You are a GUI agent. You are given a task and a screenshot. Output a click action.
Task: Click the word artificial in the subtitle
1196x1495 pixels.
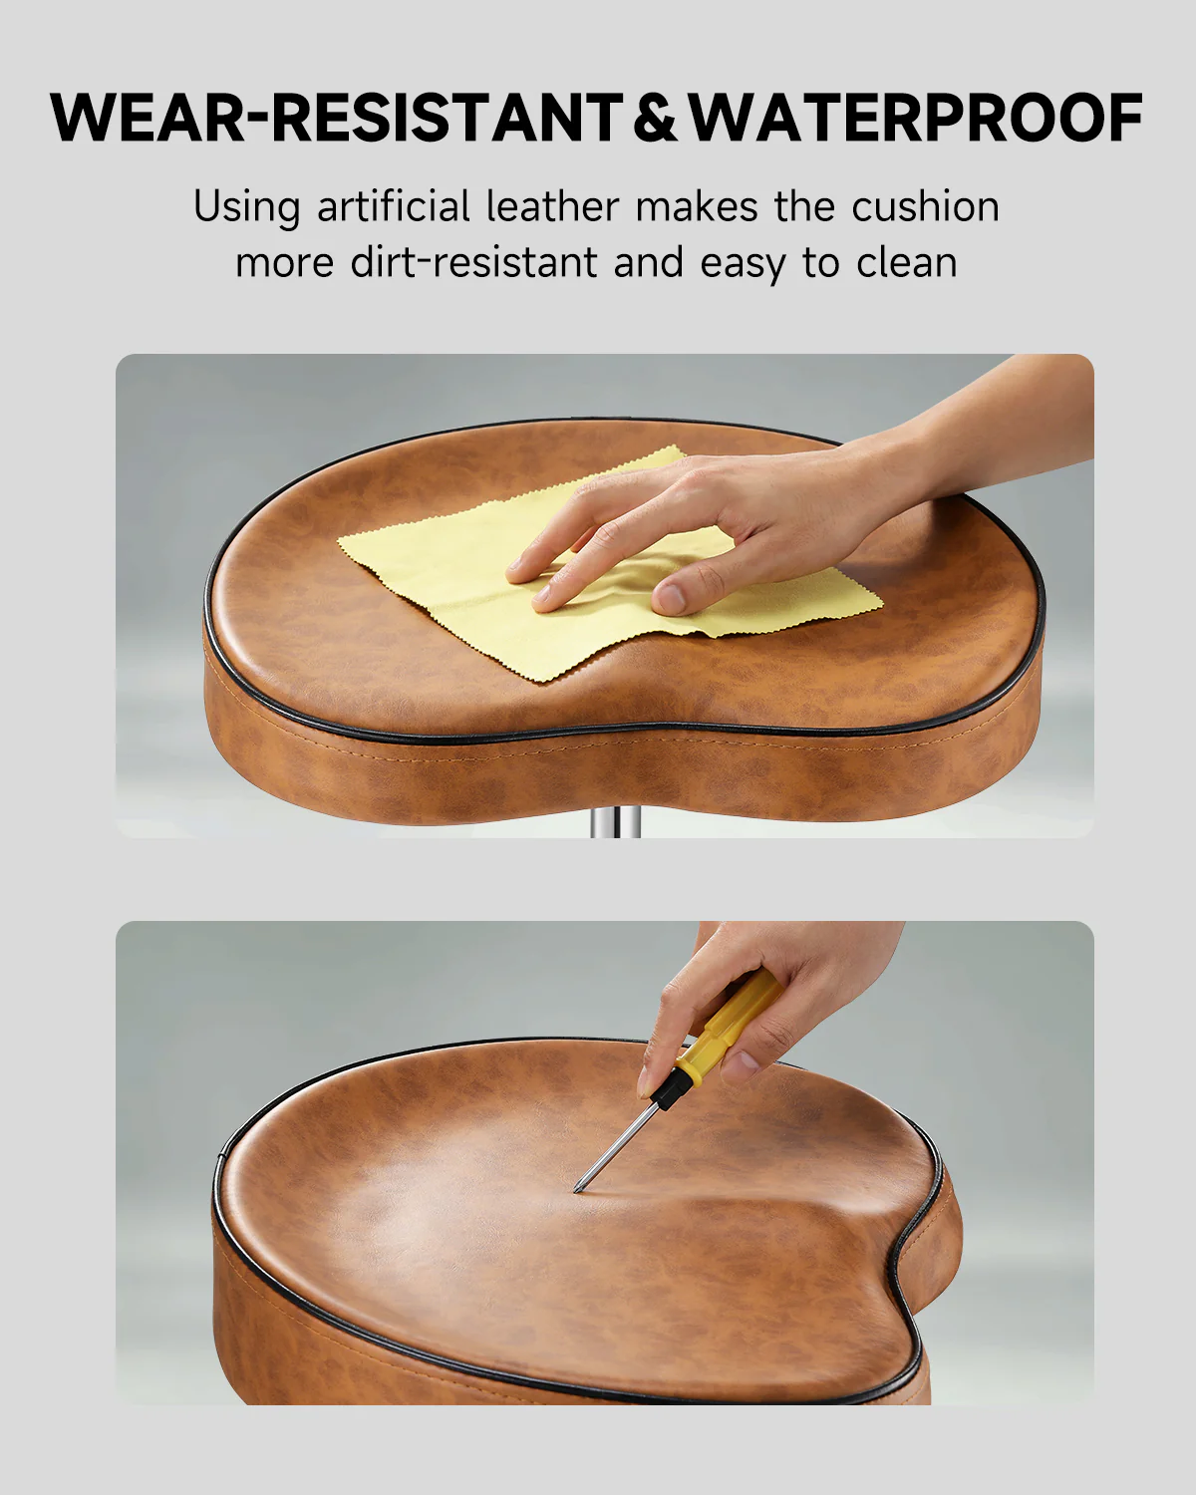(393, 207)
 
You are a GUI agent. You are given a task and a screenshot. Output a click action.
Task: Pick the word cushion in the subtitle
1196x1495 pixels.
(925, 207)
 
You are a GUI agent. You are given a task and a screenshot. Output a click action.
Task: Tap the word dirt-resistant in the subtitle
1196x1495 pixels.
(474, 263)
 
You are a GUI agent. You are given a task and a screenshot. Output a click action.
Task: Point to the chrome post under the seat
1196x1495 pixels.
(615, 823)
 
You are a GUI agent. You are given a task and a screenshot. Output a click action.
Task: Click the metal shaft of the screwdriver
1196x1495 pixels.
(618, 1142)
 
